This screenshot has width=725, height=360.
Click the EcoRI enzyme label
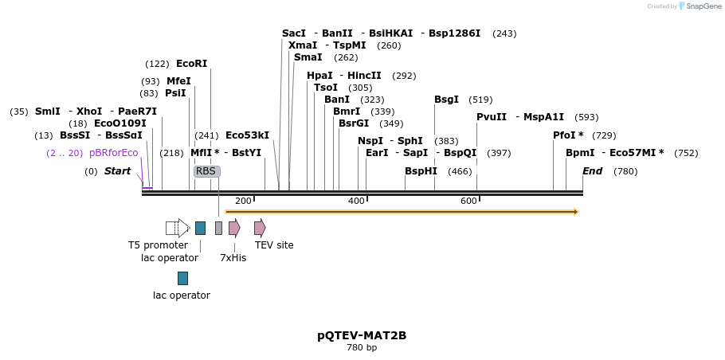pos(191,64)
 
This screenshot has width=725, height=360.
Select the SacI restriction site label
pos(294,33)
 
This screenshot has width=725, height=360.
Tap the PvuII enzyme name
pos(492,117)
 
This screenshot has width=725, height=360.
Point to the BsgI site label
pos(446,100)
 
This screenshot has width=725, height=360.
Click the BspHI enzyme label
pos(421,171)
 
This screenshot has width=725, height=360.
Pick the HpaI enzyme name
pos(319,76)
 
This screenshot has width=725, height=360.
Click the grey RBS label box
pos(206,171)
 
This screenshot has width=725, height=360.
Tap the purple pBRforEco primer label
pos(114,153)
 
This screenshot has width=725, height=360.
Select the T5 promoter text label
pos(158,245)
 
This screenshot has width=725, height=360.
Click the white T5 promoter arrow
pos(177,229)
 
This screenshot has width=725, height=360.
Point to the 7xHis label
pos(233,258)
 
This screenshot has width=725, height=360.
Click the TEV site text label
pos(274,245)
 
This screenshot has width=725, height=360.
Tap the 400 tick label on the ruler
pos(356,201)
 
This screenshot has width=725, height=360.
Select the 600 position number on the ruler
pos(468,201)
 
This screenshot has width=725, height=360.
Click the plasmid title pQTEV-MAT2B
pos(362,335)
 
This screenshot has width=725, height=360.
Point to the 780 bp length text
pos(362,348)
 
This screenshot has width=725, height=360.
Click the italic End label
pos(592,171)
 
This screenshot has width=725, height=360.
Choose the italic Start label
pos(117,171)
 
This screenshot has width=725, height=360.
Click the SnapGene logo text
pos(703,6)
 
